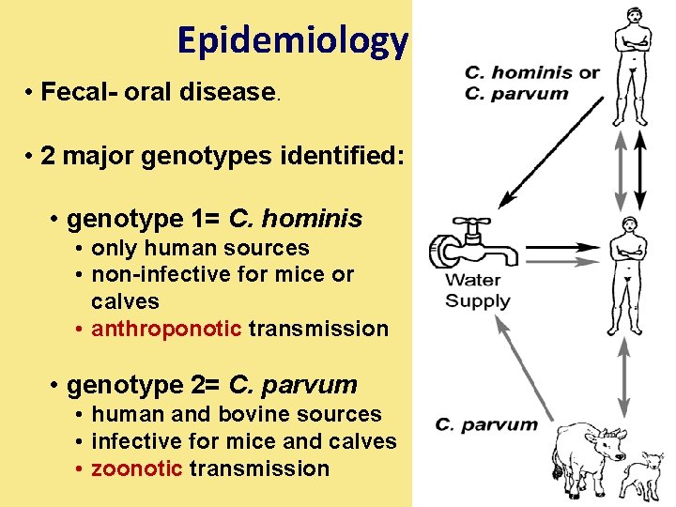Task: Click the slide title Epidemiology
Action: click(x=292, y=40)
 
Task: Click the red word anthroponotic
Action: click(x=168, y=329)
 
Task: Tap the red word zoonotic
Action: click(x=136, y=469)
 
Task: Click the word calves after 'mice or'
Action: click(x=125, y=301)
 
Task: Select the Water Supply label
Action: click(x=478, y=290)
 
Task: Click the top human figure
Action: click(x=631, y=66)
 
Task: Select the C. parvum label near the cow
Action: click(x=486, y=425)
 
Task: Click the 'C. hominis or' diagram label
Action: click(x=531, y=73)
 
